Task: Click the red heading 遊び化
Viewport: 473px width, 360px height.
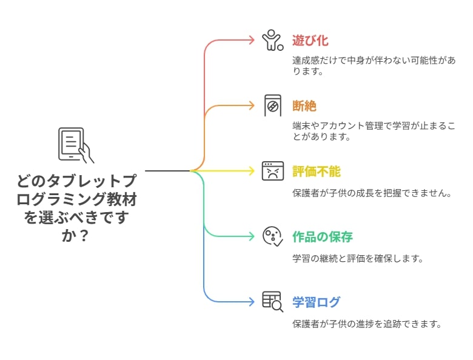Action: coord(310,41)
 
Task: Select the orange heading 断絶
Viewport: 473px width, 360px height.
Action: coord(304,106)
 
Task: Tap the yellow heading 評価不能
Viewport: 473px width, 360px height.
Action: coord(316,172)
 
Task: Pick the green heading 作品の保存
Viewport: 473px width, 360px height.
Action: coord(323,237)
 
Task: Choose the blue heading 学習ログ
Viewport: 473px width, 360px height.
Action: coord(316,302)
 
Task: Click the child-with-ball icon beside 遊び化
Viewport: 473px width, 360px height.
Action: coord(272,40)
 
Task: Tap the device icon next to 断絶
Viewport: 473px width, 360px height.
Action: coord(273,105)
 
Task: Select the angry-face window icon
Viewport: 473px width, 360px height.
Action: coord(273,171)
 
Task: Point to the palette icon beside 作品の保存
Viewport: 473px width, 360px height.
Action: coord(273,237)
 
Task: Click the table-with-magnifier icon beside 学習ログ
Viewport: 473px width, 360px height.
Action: coord(273,302)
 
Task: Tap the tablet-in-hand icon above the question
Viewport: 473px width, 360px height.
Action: coord(76,145)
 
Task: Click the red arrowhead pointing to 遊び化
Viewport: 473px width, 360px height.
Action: coord(252,40)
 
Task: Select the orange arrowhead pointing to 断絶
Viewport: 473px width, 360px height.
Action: coord(252,105)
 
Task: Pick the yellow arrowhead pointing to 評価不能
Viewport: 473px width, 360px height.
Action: coord(252,171)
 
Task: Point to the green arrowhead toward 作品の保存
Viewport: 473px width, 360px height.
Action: coord(252,236)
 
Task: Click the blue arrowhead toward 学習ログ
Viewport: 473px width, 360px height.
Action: coord(252,302)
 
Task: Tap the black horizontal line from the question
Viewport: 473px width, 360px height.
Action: coord(168,171)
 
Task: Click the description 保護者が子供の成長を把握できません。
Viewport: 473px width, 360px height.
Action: coord(372,193)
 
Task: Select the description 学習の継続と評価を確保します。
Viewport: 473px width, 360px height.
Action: coord(357,258)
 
